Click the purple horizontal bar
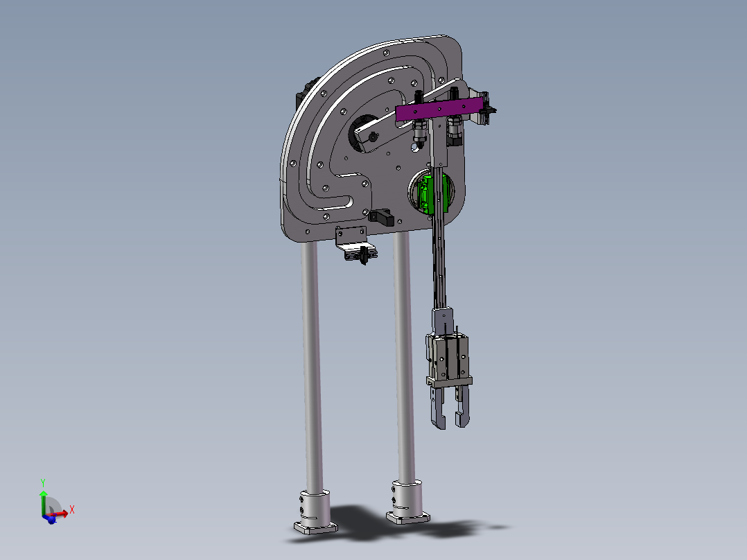439,109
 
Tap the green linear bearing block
432,195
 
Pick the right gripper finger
462,406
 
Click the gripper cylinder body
447,357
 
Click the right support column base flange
407,518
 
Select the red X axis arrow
58,514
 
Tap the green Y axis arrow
44,502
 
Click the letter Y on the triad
43,483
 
